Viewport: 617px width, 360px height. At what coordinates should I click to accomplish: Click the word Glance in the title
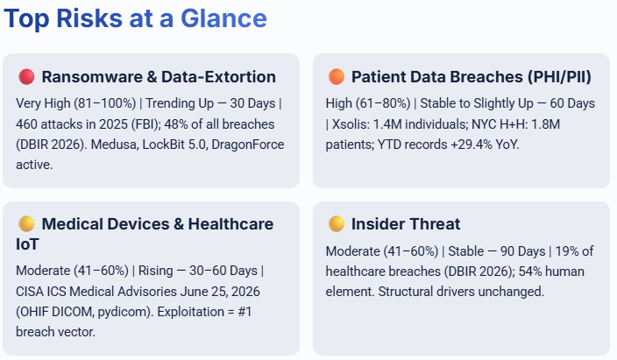[223, 18]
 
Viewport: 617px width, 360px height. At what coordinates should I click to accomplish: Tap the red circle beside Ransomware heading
[26, 77]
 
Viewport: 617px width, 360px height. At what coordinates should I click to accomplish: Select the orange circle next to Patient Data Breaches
[337, 77]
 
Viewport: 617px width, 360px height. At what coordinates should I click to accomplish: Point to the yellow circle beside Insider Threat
[337, 224]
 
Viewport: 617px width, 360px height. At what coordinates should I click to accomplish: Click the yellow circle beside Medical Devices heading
[26, 224]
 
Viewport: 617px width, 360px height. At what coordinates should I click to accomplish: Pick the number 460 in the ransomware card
[26, 124]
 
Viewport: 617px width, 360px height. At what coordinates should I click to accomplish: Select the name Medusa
[114, 145]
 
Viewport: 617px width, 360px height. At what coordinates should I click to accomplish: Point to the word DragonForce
[248, 145]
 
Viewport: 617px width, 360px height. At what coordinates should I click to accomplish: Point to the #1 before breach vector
[245, 312]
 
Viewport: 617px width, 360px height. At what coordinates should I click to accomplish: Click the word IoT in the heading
[27, 244]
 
